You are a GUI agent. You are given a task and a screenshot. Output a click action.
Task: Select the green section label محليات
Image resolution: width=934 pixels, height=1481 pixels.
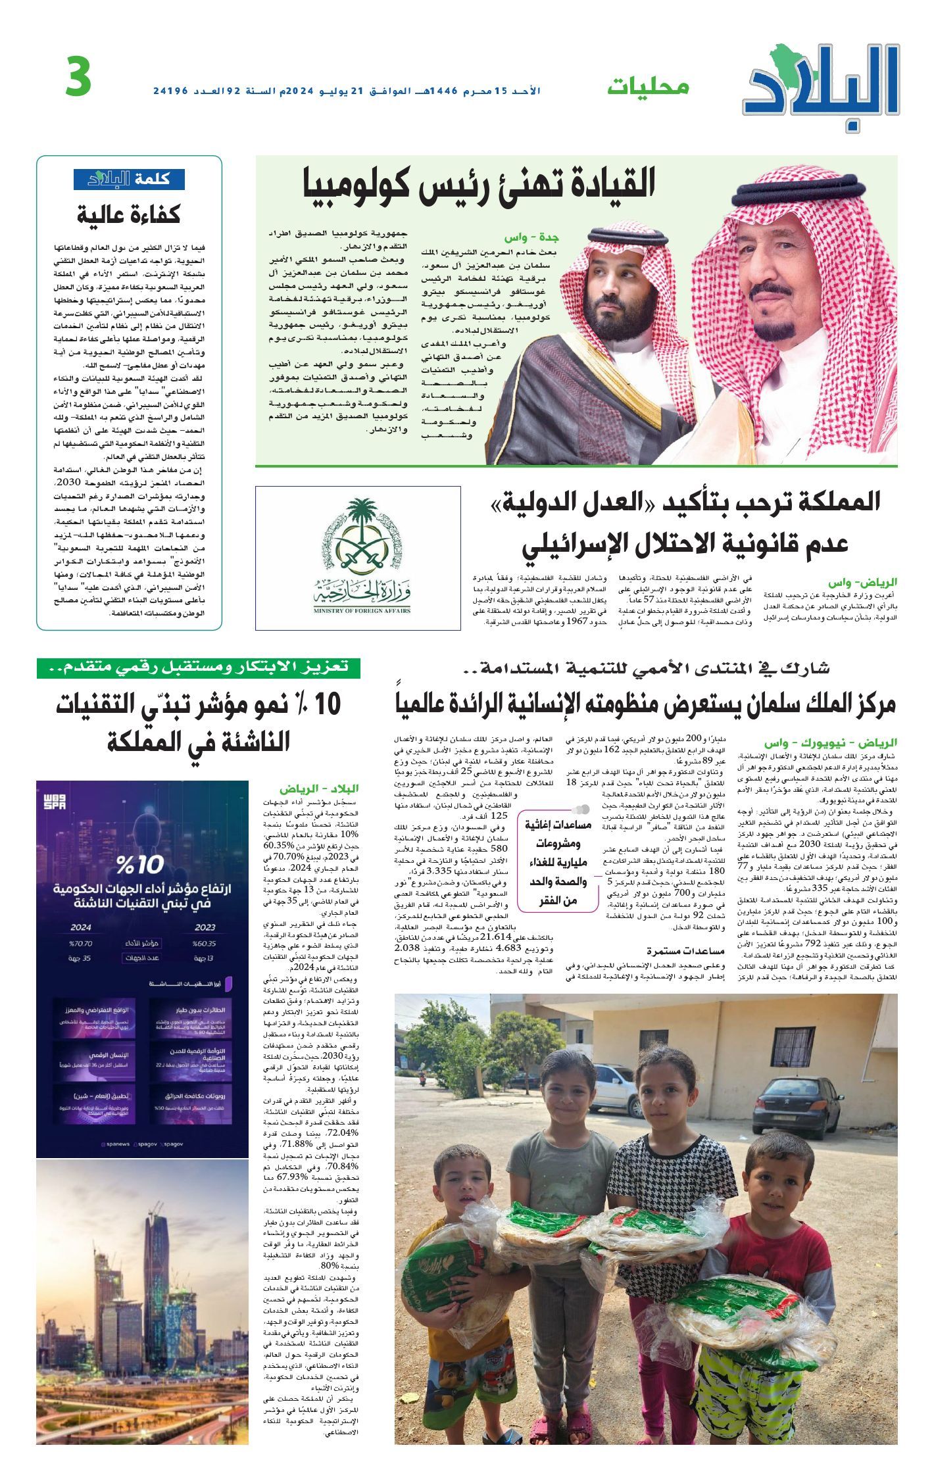(x=648, y=87)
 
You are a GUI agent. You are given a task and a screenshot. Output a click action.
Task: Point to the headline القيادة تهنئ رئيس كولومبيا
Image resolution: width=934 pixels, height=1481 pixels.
(x=479, y=184)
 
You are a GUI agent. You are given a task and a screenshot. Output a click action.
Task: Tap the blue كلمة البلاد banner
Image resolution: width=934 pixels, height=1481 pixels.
(x=129, y=180)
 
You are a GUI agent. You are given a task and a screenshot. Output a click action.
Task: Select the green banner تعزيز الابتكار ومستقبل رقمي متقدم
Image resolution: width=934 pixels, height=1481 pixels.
(x=198, y=668)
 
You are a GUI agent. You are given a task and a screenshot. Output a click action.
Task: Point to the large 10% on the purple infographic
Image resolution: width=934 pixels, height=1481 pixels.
(x=141, y=863)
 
